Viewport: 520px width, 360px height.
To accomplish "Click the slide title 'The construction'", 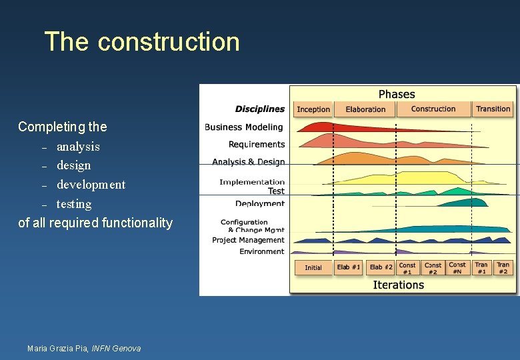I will point(141,41).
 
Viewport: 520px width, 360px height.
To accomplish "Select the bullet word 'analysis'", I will point(78,146).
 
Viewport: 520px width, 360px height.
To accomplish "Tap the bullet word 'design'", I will point(73,165).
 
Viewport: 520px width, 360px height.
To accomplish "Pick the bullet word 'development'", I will point(91,184).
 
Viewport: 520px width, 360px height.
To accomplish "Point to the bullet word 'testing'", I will point(74,203).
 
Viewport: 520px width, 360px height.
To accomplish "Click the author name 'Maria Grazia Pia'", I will point(57,348).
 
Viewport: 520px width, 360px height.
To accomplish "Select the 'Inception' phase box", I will point(313,109).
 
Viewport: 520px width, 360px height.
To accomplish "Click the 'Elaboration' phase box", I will point(365,109).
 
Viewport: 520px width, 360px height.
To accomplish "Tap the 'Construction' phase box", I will point(433,109).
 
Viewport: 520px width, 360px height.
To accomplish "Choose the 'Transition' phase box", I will point(493,109).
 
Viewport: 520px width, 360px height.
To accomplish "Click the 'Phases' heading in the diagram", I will point(397,94).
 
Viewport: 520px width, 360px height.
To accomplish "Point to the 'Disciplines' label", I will point(259,109).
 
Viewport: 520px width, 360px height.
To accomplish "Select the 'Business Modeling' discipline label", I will point(244,127).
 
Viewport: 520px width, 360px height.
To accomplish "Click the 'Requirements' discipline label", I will point(257,144).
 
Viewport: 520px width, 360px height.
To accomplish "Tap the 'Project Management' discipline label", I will point(248,240).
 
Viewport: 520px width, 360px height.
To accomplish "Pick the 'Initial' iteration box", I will point(313,268).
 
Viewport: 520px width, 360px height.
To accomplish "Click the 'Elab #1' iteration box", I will point(348,267).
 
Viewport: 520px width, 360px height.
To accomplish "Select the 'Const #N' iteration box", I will point(457,268).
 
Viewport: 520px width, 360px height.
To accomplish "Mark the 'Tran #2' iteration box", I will point(503,268).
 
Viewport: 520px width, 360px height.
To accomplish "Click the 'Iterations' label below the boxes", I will point(398,285).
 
